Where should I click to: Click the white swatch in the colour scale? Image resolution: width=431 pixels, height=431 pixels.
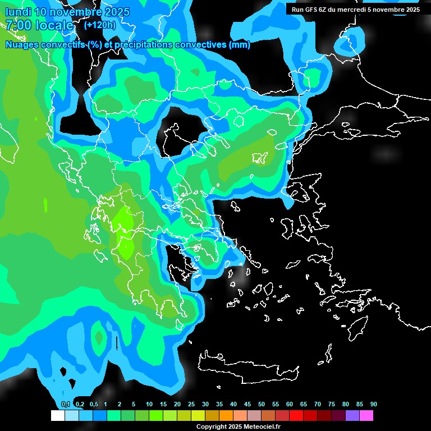(x=58, y=415)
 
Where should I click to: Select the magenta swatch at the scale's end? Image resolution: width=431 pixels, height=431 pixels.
(x=366, y=415)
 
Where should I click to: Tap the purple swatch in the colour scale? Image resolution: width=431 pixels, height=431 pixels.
(x=352, y=415)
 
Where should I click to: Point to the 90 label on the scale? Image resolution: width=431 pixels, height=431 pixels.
(x=373, y=404)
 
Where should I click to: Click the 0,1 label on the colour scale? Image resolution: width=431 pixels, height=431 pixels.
(x=65, y=404)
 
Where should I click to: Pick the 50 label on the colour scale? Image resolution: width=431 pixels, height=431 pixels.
(x=262, y=404)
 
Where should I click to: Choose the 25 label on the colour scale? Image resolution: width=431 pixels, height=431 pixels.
(x=191, y=404)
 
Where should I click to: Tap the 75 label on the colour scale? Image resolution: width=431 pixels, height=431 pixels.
(x=332, y=404)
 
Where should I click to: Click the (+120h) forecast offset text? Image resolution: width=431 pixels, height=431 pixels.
(x=100, y=25)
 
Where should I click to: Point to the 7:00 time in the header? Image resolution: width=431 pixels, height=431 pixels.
(x=17, y=25)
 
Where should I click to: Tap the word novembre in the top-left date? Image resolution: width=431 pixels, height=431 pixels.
(x=79, y=12)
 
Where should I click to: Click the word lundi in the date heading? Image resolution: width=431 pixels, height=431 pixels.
(x=18, y=12)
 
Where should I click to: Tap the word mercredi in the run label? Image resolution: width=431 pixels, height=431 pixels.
(x=354, y=10)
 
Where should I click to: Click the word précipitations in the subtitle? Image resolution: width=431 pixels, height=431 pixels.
(x=143, y=45)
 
